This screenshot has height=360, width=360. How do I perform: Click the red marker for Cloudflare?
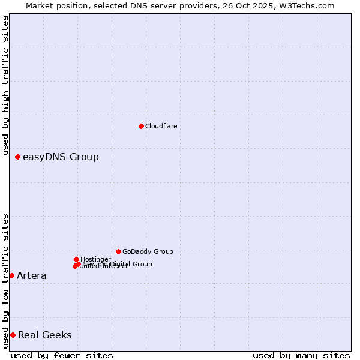pyautogui.click(x=141, y=126)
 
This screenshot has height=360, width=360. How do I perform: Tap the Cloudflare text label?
pyautogui.click(x=161, y=126)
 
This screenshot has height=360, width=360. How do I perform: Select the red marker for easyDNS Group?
pyautogui.click(x=18, y=157)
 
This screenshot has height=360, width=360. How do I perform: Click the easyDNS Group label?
pyautogui.click(x=61, y=157)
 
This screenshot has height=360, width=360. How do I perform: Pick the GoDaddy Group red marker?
pyautogui.click(x=118, y=251)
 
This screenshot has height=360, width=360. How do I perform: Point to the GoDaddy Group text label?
pyautogui.click(x=148, y=251)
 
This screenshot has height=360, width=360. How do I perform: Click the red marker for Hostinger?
pyautogui.click(x=76, y=259)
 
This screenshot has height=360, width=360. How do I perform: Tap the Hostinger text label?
pyautogui.click(x=95, y=259)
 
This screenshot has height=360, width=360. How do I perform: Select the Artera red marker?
pyautogui.click(x=11, y=275)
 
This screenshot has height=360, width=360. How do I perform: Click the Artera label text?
pyautogui.click(x=31, y=276)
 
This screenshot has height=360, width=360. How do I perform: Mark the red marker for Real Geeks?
pyautogui.click(x=13, y=335)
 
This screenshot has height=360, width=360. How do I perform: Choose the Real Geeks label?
pyautogui.click(x=45, y=335)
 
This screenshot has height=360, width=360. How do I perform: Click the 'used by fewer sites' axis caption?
pyautogui.click(x=62, y=355)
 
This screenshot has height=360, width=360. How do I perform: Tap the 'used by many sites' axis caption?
pyautogui.click(x=301, y=355)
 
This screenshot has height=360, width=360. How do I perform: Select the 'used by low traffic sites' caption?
pyautogui.click(x=5, y=280)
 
